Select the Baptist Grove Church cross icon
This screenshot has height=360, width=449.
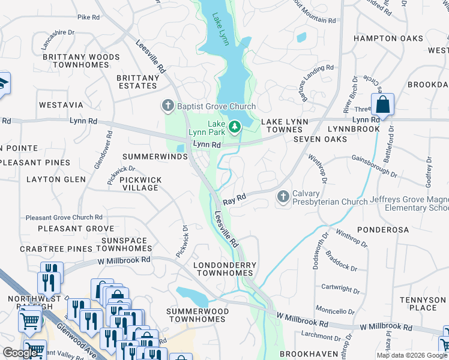[x=167, y=107]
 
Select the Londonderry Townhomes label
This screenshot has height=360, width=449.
[x=224, y=269]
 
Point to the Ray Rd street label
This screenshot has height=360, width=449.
[x=235, y=199]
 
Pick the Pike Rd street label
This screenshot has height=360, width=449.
[x=88, y=17]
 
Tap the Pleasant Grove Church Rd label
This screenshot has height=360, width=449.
[x=64, y=217]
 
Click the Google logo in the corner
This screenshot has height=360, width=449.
[x=20, y=352]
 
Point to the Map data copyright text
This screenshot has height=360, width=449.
[x=412, y=355]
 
